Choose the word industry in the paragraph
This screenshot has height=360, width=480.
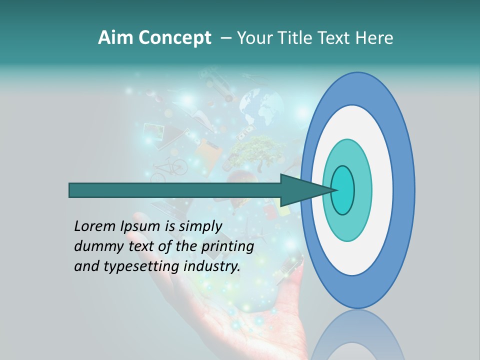click(212, 266)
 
